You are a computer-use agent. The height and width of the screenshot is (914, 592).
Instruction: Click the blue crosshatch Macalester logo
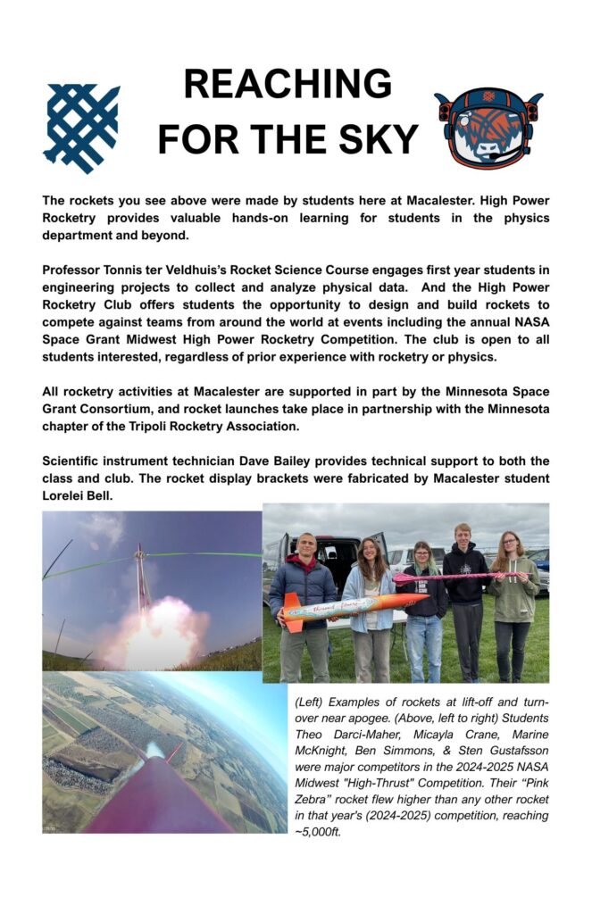(81, 127)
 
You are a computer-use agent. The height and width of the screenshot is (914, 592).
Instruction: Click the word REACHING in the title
(288, 85)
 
